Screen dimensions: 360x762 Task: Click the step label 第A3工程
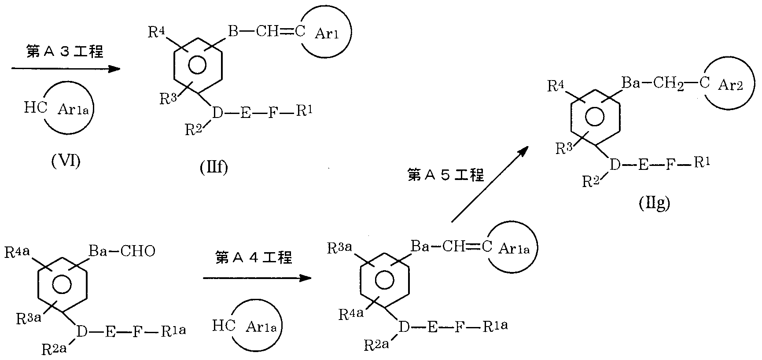pos(64,52)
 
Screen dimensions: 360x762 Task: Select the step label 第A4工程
pos(254,257)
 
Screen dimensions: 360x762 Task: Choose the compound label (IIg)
pos(654,204)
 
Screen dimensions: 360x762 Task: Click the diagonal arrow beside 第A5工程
pos(489,185)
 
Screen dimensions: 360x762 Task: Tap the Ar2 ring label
pos(730,85)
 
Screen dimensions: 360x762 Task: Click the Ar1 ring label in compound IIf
pos(327,34)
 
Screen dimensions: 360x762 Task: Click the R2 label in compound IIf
pos(193,129)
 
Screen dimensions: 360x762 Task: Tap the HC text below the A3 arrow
pos(36,108)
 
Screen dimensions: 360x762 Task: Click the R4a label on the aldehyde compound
pos(18,253)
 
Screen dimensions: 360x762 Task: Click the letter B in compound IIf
pos(233,31)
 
